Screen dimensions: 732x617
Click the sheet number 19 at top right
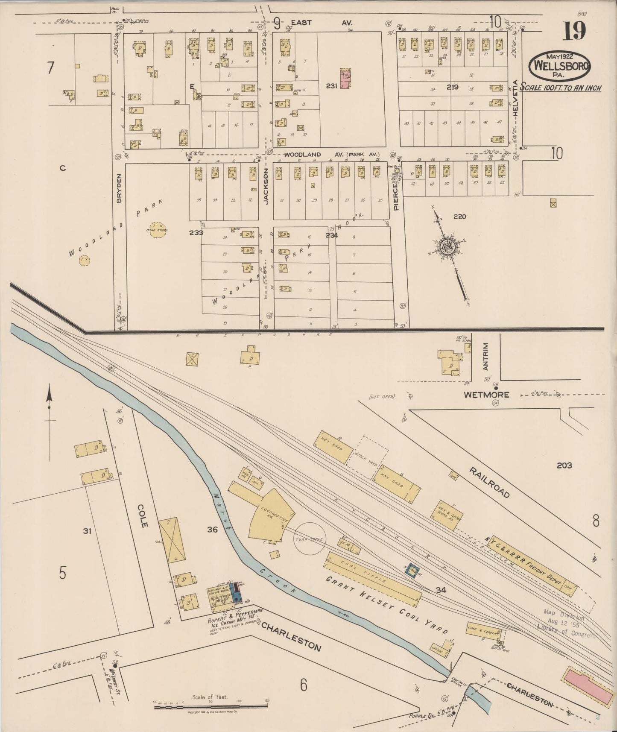coord(573,32)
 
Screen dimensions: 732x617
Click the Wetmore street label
coord(487,395)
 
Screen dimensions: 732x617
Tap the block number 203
coord(564,466)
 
